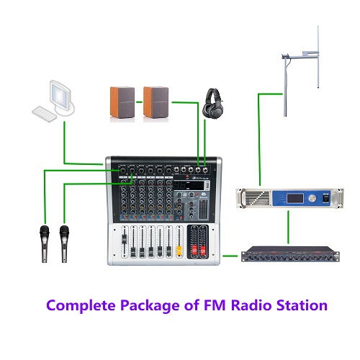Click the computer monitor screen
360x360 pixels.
[60, 94]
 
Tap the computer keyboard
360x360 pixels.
[44, 114]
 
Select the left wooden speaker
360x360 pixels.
[122, 102]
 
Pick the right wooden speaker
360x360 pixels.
[156, 102]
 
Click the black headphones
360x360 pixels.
[213, 103]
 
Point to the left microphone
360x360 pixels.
[45, 244]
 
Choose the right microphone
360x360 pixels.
[64, 244]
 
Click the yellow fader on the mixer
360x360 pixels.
[179, 251]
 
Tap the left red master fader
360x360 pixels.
[194, 251]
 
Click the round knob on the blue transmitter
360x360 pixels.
[312, 198]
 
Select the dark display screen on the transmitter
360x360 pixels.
[295, 199]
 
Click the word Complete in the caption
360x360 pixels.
[81, 305]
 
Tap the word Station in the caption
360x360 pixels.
[302, 305]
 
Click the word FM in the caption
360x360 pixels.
[215, 305]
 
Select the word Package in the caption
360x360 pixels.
[150, 306]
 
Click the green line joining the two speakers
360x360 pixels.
[139, 102]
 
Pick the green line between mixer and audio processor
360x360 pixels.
[230, 256]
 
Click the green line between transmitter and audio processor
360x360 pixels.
[288, 227]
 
